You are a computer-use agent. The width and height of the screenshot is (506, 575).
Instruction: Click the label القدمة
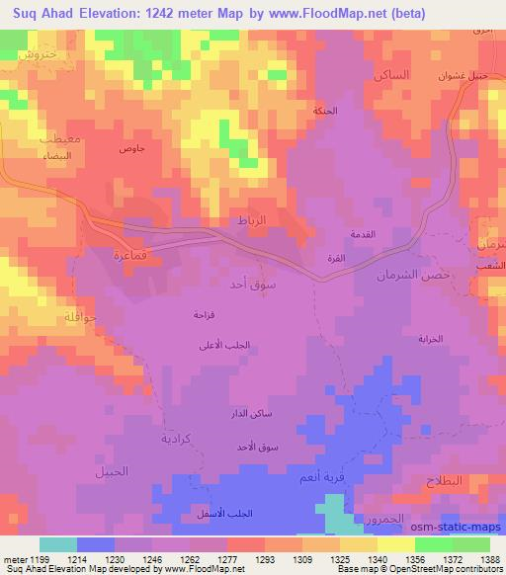click(x=363, y=234)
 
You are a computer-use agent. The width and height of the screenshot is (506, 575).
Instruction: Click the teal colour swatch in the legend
click(x=58, y=544)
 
